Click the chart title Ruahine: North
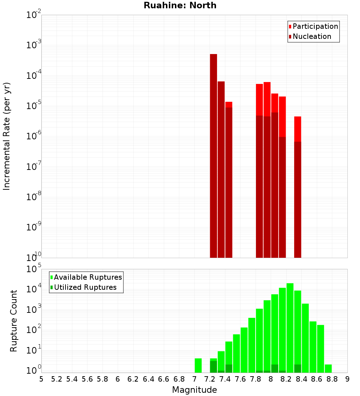[180, 5]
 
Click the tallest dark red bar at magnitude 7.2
[213, 155]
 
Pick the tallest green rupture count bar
[290, 328]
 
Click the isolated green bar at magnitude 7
[198, 365]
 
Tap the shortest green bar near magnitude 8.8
[328, 368]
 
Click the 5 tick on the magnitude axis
[41, 379]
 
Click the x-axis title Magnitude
[194, 390]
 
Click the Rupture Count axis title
[14, 321]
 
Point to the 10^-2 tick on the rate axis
[33, 15]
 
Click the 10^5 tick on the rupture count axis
[33, 269]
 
